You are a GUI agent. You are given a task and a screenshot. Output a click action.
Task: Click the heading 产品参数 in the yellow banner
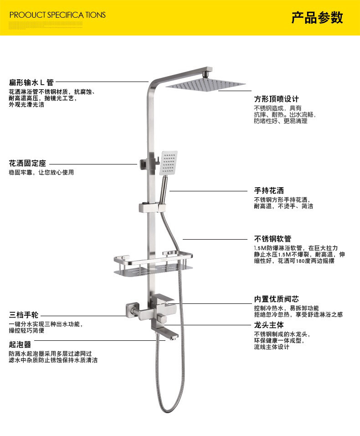point(317,18)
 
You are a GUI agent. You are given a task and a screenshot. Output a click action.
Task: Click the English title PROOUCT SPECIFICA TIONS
point(57,15)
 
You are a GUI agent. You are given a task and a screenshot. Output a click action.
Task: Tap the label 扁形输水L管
point(31,82)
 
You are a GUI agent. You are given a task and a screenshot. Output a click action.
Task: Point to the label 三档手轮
point(24,315)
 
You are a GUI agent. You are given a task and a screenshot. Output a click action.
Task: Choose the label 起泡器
point(20,344)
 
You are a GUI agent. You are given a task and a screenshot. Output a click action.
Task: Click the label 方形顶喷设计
point(277,99)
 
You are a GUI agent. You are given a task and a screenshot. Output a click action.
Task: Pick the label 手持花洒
point(269,190)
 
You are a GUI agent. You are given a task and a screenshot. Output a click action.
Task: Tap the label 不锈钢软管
point(273,239)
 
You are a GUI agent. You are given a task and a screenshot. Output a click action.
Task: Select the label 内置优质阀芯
point(277,299)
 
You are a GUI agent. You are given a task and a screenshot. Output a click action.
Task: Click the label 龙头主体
point(269,325)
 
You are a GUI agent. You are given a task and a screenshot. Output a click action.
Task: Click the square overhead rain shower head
point(206,85)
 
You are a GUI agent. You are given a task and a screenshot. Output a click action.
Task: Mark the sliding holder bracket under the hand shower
point(150,208)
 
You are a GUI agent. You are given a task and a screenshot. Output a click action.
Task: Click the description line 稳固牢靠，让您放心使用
point(41,173)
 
